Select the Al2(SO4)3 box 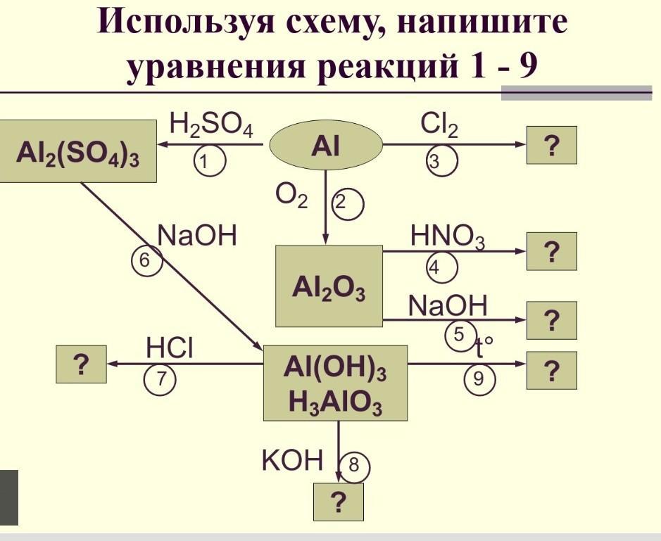click(x=78, y=151)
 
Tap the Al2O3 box click(x=329, y=286)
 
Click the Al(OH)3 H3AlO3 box click(x=335, y=383)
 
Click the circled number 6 click(x=146, y=260)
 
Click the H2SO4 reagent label click(x=211, y=127)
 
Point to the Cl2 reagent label click(x=439, y=126)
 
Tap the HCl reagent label click(x=170, y=348)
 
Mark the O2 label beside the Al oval click(x=292, y=198)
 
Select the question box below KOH click(x=339, y=502)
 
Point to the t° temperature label click(x=484, y=346)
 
